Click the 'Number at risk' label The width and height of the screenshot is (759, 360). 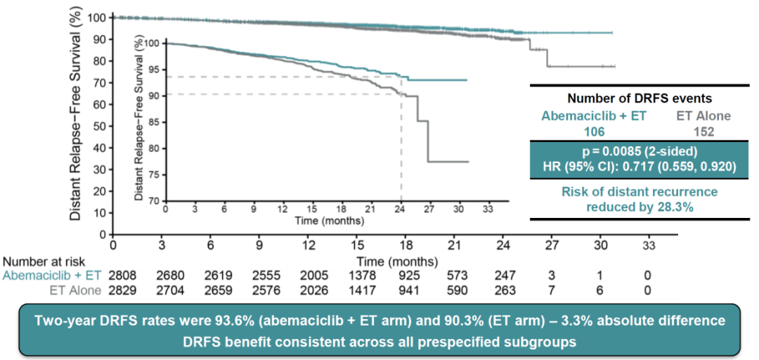coord(39,262)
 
